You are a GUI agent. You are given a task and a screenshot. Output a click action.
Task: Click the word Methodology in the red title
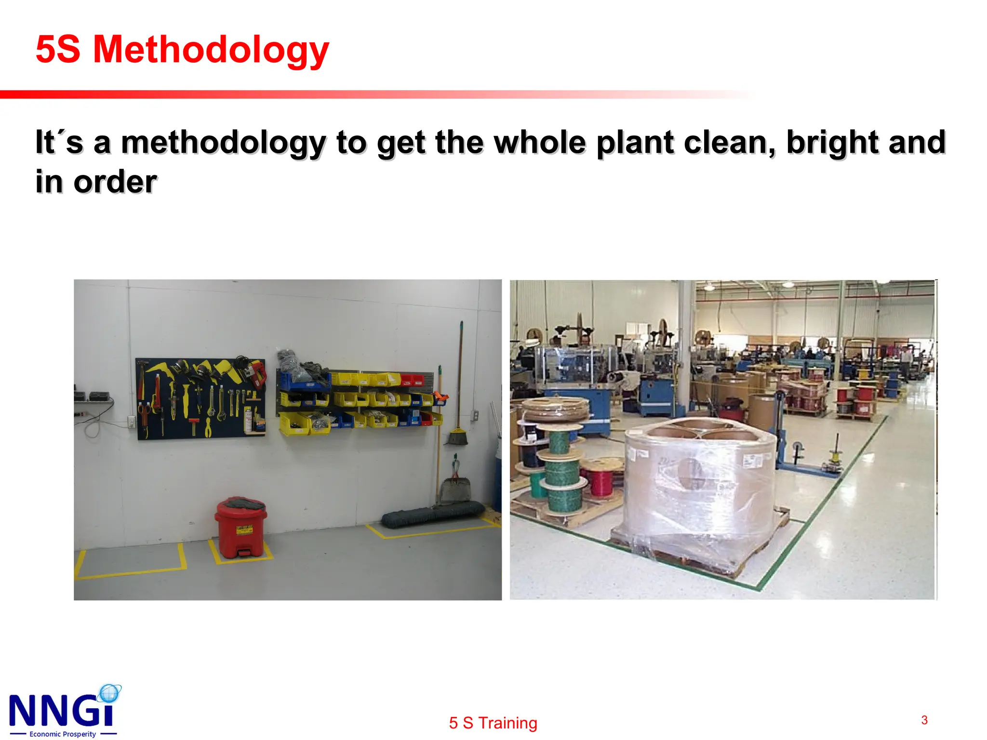tap(211, 50)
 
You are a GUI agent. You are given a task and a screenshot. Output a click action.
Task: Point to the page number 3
tap(924, 720)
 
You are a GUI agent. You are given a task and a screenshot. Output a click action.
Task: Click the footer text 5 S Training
tap(493, 723)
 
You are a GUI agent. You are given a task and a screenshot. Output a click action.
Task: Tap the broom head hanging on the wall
tap(456, 436)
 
